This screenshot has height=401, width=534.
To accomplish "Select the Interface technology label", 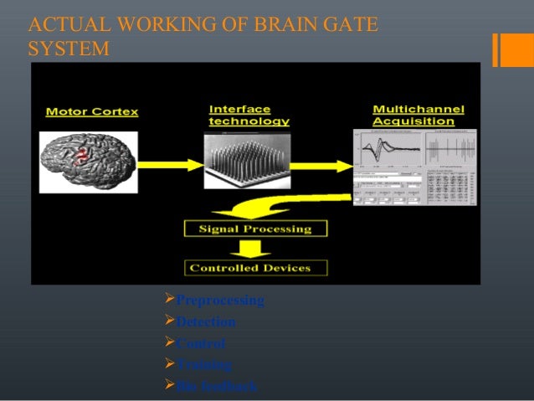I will [249, 115].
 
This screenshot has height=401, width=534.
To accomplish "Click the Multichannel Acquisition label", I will [418, 115].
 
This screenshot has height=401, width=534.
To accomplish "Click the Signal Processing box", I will [255, 229].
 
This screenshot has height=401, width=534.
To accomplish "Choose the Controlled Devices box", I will [255, 268].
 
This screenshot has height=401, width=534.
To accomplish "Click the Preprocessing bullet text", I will [220, 300].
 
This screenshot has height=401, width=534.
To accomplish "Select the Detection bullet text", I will [206, 321].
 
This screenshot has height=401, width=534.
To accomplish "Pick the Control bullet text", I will [201, 343].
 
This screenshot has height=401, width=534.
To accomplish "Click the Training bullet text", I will [204, 365].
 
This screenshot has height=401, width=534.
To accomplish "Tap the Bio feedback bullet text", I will [217, 386].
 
